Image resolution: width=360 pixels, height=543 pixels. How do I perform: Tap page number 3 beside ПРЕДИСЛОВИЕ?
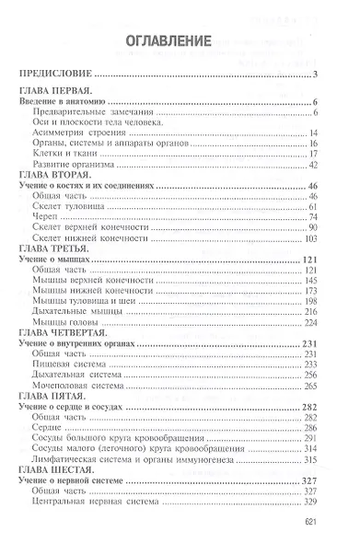point(315,75)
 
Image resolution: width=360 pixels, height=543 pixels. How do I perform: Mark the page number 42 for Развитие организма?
point(312,164)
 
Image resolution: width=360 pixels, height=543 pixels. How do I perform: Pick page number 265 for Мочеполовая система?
point(309,386)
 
